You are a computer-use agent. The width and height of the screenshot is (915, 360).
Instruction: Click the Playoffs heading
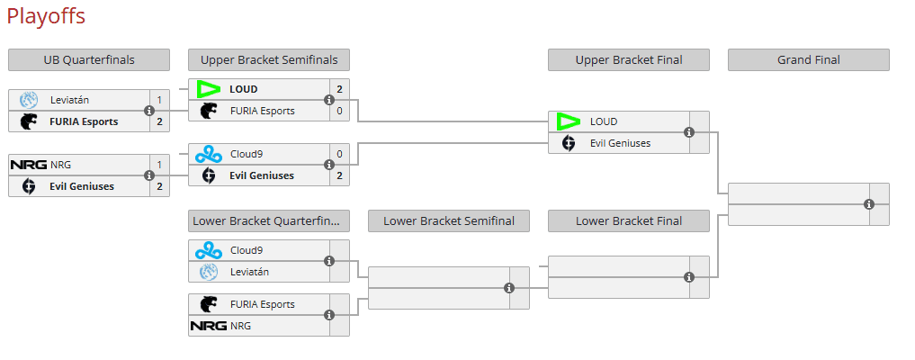click(46, 16)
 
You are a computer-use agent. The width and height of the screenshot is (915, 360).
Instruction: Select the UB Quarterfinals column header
click(89, 60)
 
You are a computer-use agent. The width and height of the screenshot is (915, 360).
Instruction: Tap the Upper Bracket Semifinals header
click(269, 60)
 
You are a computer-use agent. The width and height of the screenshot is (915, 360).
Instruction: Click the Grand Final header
click(808, 60)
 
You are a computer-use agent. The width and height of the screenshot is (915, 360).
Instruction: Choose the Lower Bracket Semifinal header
click(449, 221)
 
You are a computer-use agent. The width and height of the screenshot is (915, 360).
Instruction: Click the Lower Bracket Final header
click(629, 221)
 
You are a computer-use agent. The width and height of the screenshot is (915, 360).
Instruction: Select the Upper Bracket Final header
click(629, 60)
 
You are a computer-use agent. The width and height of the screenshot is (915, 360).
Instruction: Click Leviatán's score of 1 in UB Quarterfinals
click(159, 100)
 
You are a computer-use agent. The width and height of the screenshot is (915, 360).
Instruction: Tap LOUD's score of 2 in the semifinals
click(339, 89)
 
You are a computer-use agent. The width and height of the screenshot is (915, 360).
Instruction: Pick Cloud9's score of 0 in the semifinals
click(339, 154)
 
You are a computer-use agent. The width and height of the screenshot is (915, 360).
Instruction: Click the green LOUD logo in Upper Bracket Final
click(569, 121)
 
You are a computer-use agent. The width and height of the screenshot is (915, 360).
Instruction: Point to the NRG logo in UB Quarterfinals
click(28, 165)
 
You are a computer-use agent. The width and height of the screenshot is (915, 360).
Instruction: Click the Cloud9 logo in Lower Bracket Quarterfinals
click(209, 250)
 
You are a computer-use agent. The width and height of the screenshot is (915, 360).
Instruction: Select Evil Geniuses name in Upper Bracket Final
click(620, 143)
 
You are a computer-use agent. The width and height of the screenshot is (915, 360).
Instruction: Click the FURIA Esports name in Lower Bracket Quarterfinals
click(262, 304)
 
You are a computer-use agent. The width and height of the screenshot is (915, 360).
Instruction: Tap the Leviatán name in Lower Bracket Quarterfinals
click(249, 272)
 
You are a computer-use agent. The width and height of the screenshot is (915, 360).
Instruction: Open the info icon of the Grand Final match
click(869, 204)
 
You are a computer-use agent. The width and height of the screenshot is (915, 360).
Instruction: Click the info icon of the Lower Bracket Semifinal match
click(509, 288)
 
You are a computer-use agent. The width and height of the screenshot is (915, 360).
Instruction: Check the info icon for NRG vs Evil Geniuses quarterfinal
click(149, 175)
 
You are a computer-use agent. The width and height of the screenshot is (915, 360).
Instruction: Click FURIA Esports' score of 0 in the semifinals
click(339, 111)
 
